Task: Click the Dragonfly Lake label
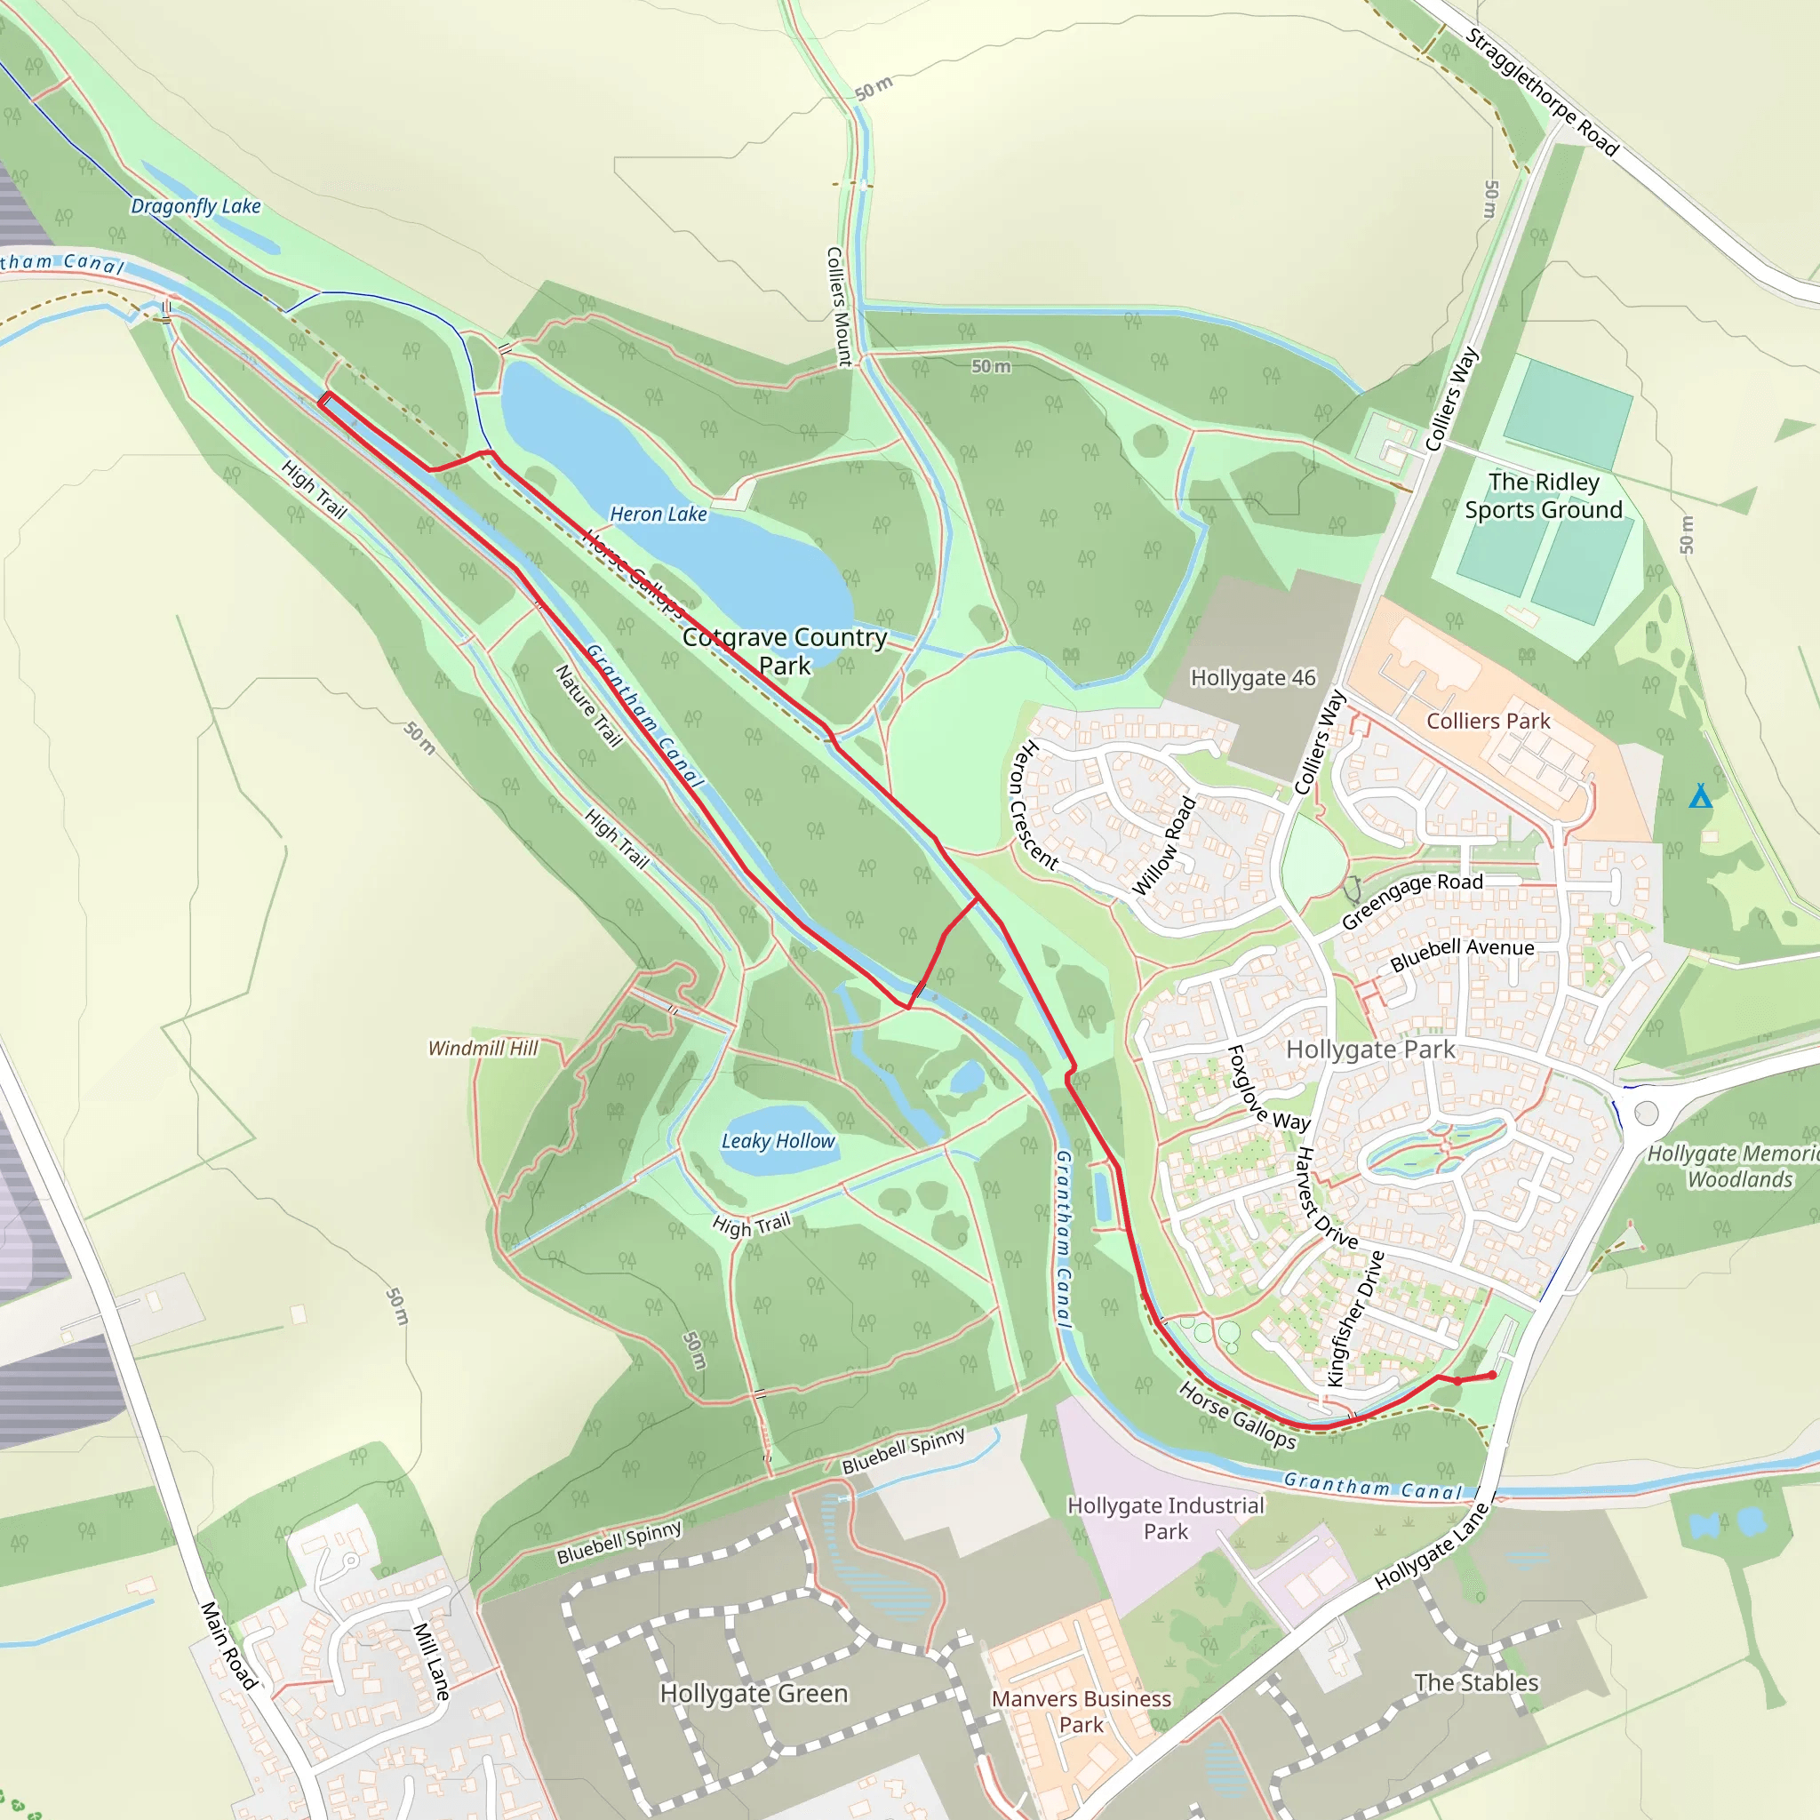tap(195, 206)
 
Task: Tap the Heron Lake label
tap(658, 515)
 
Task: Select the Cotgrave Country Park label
tap(784, 651)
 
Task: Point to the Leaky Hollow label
tap(778, 1141)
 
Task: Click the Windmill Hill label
tap(483, 1049)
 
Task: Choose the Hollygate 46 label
tap(1253, 678)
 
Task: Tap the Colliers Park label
tap(1488, 722)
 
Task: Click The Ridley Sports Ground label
tap(1543, 496)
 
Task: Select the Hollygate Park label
tap(1369, 1050)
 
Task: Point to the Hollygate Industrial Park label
tap(1165, 1518)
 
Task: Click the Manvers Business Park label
tap(1081, 1711)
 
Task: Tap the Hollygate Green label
tap(754, 1694)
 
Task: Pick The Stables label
tap(1476, 1682)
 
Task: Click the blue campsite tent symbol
tap(1699, 797)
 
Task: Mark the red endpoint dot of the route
tap(1492, 1376)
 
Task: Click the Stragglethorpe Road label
tap(1542, 92)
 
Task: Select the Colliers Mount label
tap(837, 307)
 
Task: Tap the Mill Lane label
tap(431, 1661)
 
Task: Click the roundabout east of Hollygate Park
tap(1646, 1114)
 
